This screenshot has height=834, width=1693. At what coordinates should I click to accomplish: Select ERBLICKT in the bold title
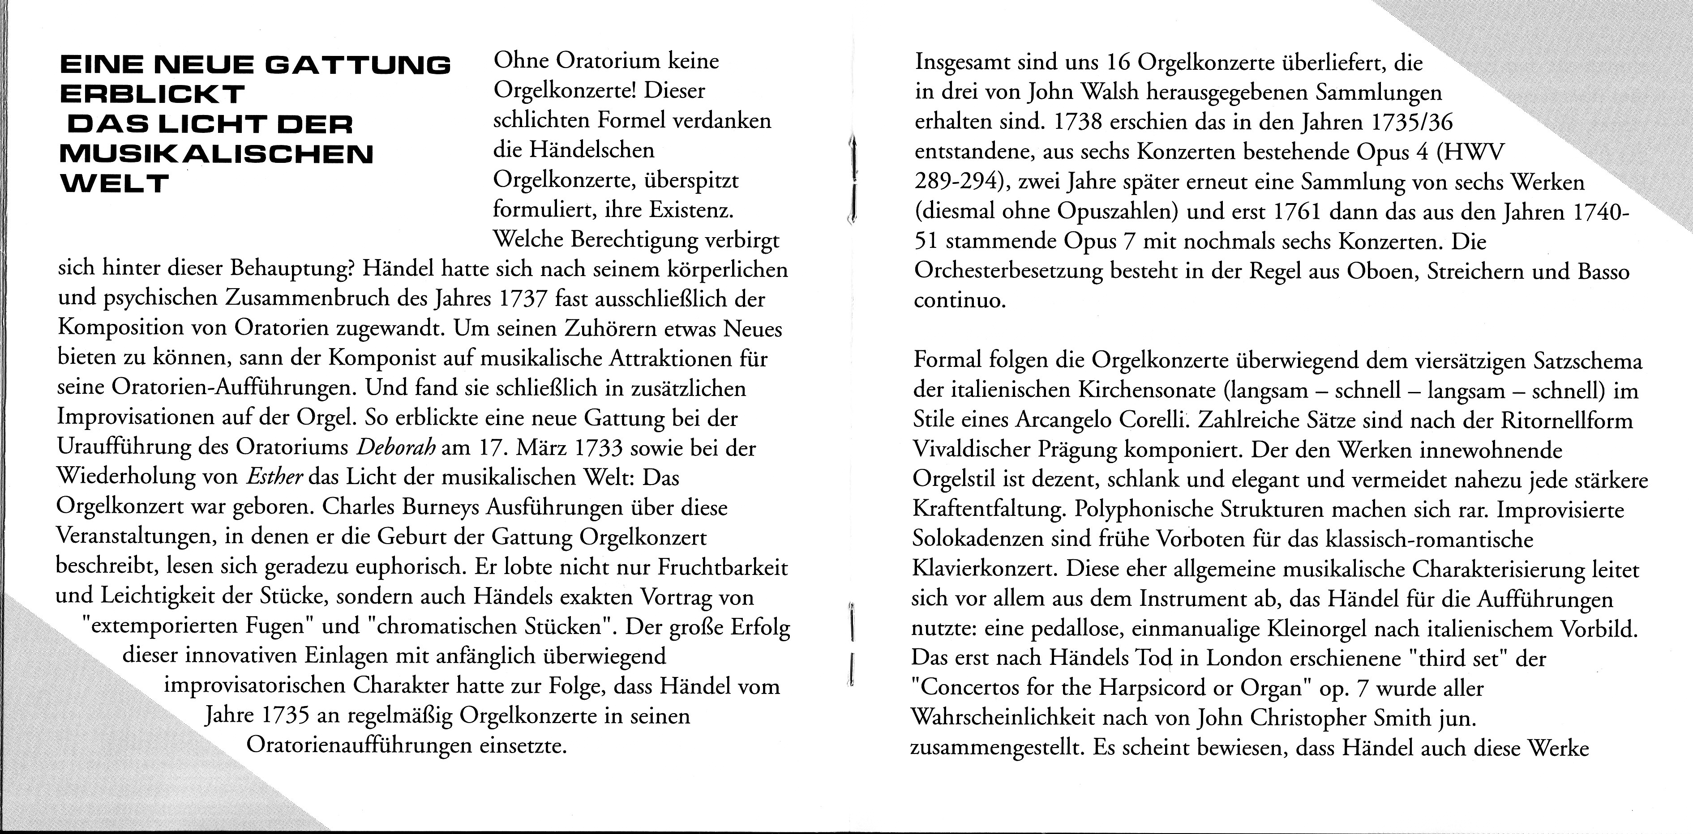point(153,94)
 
